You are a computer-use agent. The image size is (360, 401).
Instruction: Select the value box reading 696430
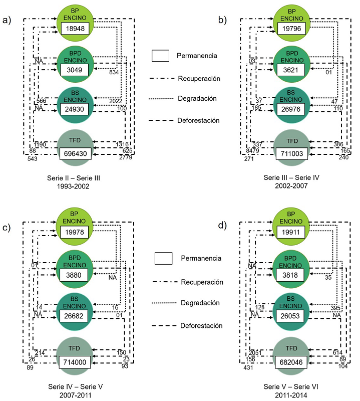pyautogui.click(x=75, y=153)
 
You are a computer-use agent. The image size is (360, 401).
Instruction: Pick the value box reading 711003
pyautogui.click(x=291, y=153)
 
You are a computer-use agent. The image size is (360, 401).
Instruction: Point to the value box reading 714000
pyautogui.click(x=75, y=362)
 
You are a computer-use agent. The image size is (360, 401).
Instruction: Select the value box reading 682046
pyautogui.click(x=291, y=362)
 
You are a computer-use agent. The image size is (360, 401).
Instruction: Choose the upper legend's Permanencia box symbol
pyautogui.click(x=161, y=56)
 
